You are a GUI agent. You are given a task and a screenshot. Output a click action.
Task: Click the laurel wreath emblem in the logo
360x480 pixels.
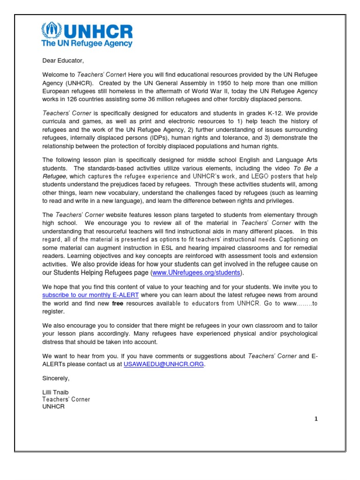pyautogui.click(x=51, y=31)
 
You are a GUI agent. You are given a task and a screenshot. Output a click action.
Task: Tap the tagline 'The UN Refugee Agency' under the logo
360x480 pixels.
pyautogui.click(x=87, y=44)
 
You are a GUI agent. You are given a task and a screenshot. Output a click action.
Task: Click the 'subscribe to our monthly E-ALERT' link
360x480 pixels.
pyautogui.click(x=90, y=295)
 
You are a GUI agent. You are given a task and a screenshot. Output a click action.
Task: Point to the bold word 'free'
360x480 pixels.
pyautogui.click(x=117, y=303)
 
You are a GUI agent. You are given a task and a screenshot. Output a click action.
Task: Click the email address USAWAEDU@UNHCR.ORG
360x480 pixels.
pyautogui.click(x=164, y=364)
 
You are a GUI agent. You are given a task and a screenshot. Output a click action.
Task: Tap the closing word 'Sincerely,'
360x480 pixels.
pyautogui.click(x=56, y=378)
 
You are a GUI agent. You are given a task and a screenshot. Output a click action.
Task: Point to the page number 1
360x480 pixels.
pyautogui.click(x=316, y=419)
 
